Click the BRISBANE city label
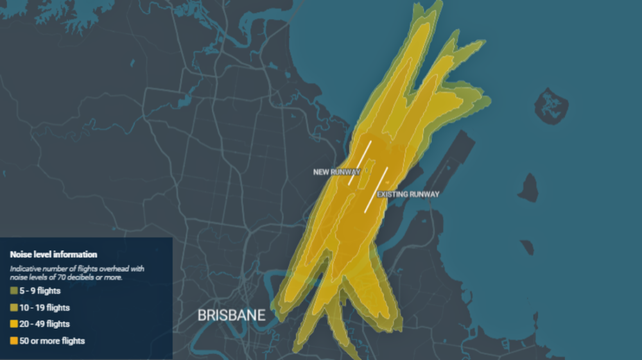(x=230, y=315)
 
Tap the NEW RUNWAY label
(x=336, y=172)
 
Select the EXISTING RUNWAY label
(x=408, y=194)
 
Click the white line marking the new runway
(x=360, y=163)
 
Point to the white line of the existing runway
(x=377, y=189)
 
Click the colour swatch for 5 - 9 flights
(x=13, y=291)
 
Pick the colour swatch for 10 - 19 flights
(x=13, y=308)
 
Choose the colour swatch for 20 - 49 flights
(x=13, y=324)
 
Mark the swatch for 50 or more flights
(x=13, y=340)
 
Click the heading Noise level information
(x=53, y=255)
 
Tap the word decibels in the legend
(x=86, y=277)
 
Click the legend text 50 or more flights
(x=52, y=340)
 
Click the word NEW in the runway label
(x=320, y=172)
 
